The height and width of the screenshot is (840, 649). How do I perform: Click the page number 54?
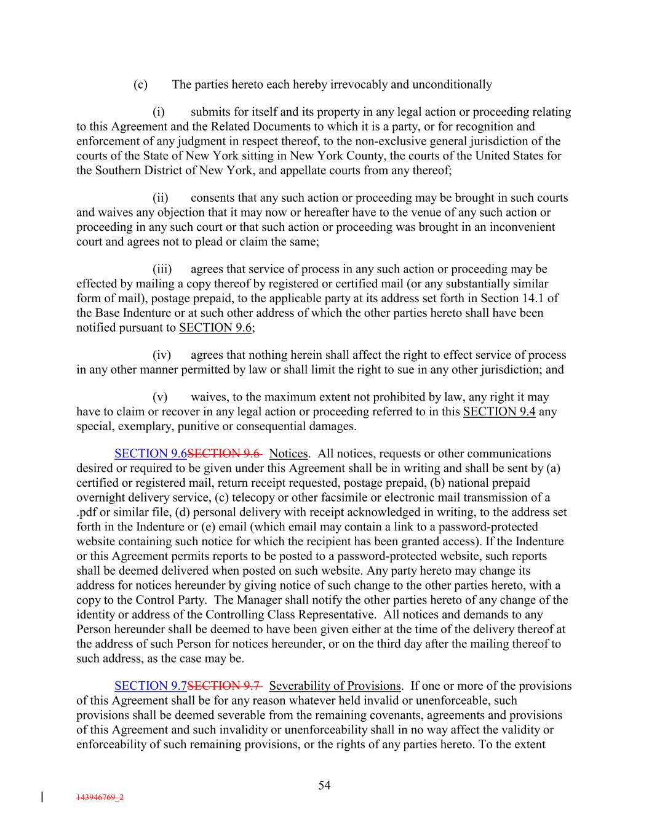pos(324,785)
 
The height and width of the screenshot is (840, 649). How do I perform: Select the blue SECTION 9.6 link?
pos(150,454)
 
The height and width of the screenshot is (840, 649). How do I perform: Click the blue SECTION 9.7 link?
pos(150,686)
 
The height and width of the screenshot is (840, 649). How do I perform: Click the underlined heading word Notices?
pos(289,454)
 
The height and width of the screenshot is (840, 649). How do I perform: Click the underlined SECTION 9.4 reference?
pos(499,412)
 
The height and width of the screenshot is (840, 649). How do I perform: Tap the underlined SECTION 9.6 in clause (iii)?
pos(215,327)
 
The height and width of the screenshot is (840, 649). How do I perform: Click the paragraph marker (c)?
pos(140,84)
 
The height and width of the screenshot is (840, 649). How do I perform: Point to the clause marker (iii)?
pos(162,269)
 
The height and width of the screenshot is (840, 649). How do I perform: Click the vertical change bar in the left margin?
pos(41,797)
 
